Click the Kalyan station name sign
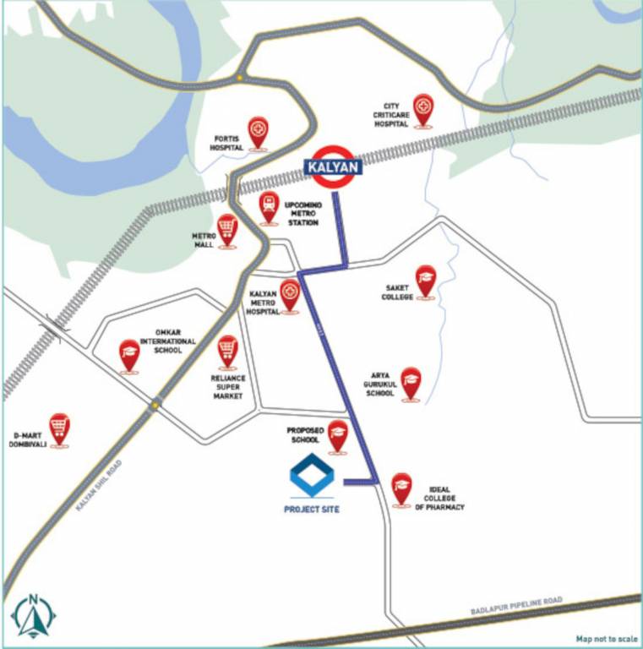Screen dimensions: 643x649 [333, 167]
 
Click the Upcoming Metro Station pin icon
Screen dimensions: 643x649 [270, 207]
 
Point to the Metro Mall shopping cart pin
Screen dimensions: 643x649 [226, 230]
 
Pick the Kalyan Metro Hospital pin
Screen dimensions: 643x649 [290, 296]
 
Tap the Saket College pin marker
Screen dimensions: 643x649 [425, 281]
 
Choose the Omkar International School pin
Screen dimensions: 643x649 [128, 355]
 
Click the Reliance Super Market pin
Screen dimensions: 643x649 [226, 351]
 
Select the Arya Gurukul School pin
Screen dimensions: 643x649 [411, 382]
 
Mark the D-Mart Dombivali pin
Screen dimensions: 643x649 [58, 429]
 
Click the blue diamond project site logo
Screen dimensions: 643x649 [312, 476]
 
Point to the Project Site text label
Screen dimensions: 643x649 [312, 510]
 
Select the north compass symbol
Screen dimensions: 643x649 [33, 616]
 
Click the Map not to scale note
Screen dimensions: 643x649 [607, 639]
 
